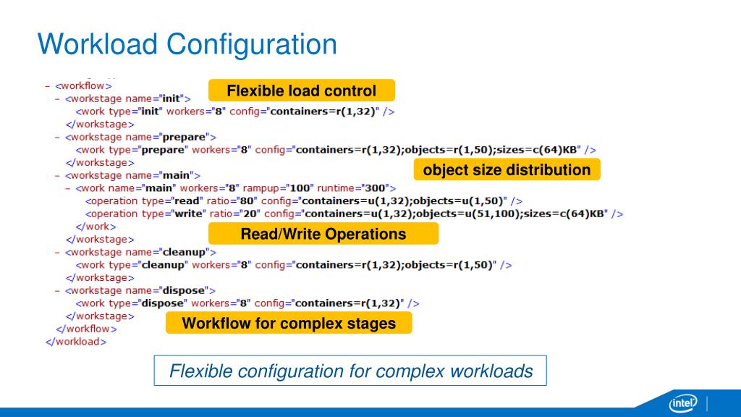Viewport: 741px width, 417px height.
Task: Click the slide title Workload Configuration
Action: coord(187,44)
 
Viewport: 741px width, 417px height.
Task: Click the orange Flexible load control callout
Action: coord(301,90)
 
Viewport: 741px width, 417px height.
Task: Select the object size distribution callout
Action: coord(507,170)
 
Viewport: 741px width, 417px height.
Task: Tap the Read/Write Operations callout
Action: coord(323,234)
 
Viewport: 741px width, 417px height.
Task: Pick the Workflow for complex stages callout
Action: coord(289,323)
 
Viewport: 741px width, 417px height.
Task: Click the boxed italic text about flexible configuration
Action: coord(350,371)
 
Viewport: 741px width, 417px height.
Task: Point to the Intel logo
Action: coord(682,403)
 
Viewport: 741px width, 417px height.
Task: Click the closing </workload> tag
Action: coord(76,342)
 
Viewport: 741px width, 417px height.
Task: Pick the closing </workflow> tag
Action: coord(86,329)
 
